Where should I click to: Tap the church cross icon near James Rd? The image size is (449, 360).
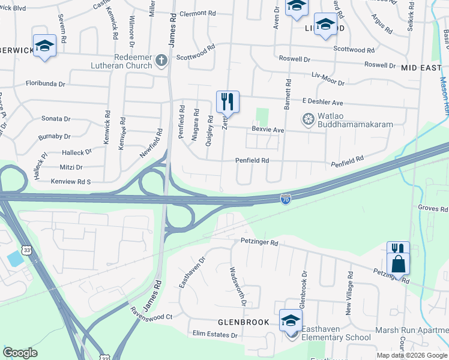click(x=161, y=61)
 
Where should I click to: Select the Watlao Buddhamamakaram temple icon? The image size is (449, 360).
click(x=308, y=119)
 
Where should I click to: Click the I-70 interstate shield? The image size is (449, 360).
click(x=286, y=198)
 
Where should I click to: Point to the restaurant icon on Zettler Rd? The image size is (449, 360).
click(x=228, y=101)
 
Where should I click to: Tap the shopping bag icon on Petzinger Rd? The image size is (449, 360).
click(x=398, y=263)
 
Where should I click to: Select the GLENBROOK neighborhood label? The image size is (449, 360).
click(x=243, y=322)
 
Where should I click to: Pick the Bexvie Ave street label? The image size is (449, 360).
click(x=268, y=130)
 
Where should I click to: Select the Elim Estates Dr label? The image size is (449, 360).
click(x=216, y=334)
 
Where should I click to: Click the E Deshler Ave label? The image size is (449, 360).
click(x=322, y=103)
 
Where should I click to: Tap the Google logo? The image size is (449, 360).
click(x=20, y=353)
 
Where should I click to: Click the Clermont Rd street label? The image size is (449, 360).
click(x=197, y=13)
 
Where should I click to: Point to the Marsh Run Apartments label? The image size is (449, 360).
click(x=412, y=331)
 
